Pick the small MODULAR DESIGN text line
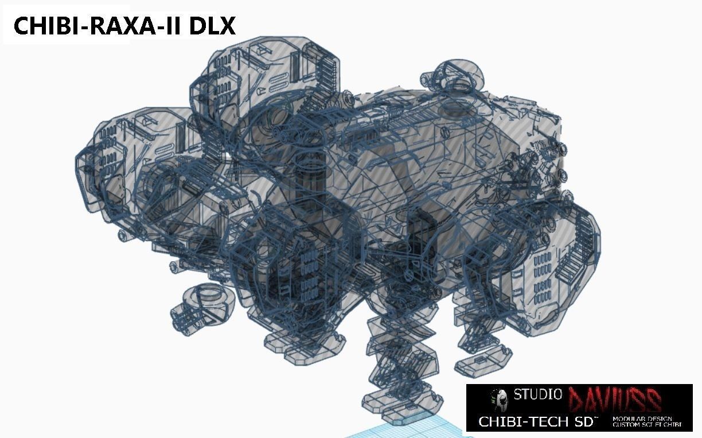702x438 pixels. (642, 419)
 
